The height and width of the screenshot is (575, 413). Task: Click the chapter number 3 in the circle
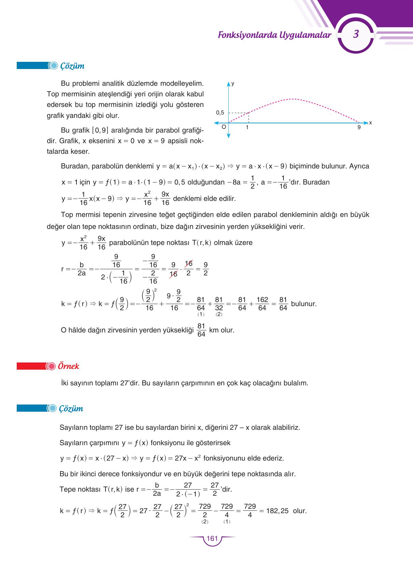[x=356, y=34]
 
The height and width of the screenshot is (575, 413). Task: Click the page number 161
[x=212, y=538]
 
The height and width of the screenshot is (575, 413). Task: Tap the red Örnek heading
[x=68, y=366]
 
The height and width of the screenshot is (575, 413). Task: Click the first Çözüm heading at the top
[x=72, y=66]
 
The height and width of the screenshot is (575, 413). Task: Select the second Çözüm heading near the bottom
[x=71, y=409]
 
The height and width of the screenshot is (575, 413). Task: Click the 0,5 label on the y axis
[x=220, y=113]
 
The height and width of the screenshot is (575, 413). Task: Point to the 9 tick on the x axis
[x=359, y=127]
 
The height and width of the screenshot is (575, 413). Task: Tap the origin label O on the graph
[x=224, y=127]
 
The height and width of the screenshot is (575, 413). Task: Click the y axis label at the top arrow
[x=233, y=83]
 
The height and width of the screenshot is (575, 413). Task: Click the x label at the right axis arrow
[x=370, y=123]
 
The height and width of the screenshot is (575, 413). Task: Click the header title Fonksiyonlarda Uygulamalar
[x=274, y=35]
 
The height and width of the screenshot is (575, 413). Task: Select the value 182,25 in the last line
[x=277, y=511]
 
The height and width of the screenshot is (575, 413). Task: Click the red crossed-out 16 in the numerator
[x=188, y=264]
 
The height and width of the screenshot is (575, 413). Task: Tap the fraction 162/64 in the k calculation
[x=262, y=303]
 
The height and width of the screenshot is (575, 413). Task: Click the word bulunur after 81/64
[x=303, y=304]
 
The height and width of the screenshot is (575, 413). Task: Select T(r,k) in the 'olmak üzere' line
[x=202, y=243]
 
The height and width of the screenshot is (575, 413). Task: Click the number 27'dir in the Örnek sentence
[x=130, y=383]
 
